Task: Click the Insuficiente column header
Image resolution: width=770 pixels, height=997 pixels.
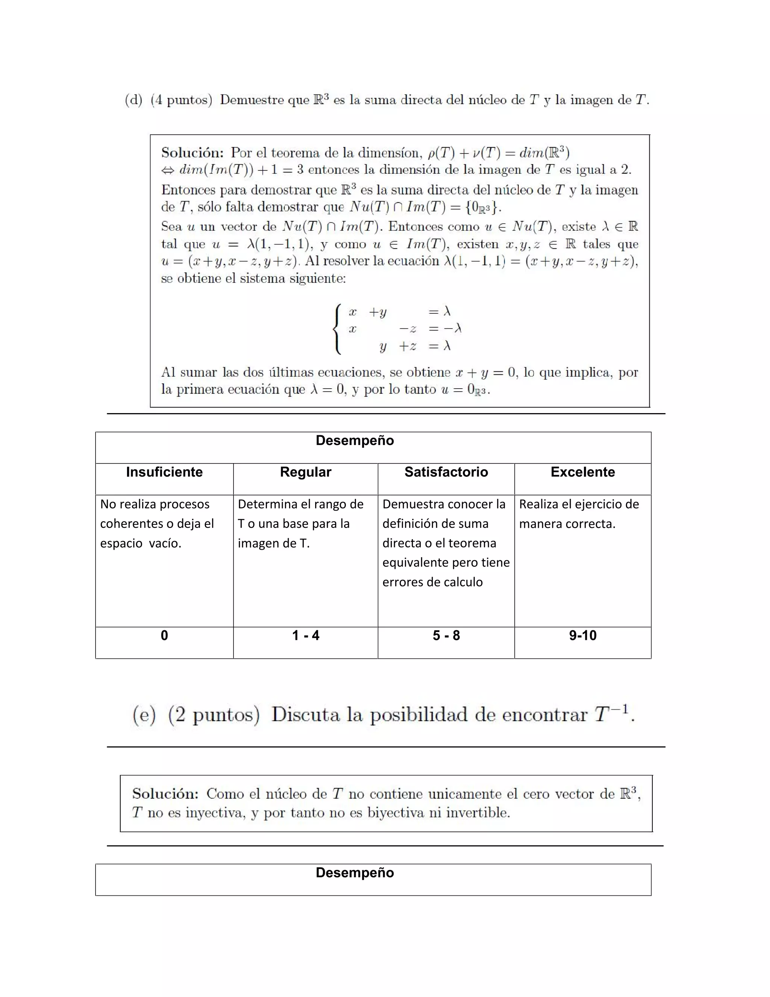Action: point(164,472)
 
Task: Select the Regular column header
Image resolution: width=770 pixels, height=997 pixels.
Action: point(305,472)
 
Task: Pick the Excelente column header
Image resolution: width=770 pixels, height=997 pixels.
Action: point(582,472)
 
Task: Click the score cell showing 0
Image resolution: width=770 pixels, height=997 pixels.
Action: point(164,635)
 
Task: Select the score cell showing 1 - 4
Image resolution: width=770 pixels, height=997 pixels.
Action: point(305,635)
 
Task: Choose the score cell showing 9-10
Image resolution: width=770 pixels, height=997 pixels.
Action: point(582,635)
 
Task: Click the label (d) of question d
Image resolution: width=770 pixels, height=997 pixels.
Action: point(133,100)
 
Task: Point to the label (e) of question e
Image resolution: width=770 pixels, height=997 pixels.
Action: point(144,714)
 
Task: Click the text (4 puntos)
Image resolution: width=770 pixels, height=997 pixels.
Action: point(182,100)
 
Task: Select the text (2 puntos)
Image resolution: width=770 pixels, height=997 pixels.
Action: point(214,714)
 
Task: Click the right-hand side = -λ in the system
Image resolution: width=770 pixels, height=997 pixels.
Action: point(445,329)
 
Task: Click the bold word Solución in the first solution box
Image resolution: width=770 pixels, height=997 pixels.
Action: point(192,152)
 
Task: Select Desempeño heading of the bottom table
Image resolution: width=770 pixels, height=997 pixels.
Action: point(355,872)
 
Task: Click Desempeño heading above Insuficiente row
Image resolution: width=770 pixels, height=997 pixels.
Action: point(355,441)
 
